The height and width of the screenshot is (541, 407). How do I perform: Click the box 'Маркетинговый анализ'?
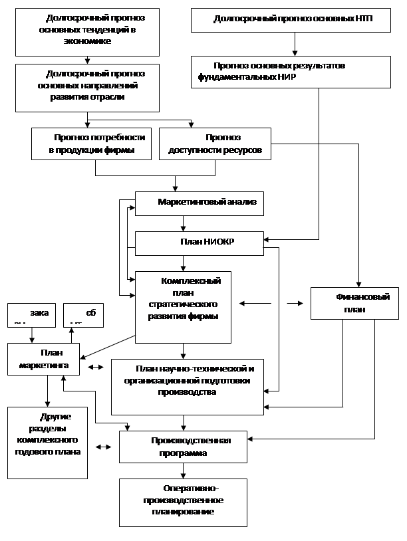[200, 203]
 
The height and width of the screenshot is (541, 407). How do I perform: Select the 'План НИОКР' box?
[200, 243]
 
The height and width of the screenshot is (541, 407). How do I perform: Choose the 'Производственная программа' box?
[183, 447]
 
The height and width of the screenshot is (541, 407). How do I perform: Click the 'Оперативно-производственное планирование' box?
[183, 503]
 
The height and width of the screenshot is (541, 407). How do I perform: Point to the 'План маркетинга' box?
[44, 360]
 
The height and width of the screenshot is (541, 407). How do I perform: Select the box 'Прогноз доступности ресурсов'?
[210, 144]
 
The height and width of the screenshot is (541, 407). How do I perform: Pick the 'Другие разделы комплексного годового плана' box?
[47, 441]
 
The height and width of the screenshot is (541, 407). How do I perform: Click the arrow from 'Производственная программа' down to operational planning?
[183, 471]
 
